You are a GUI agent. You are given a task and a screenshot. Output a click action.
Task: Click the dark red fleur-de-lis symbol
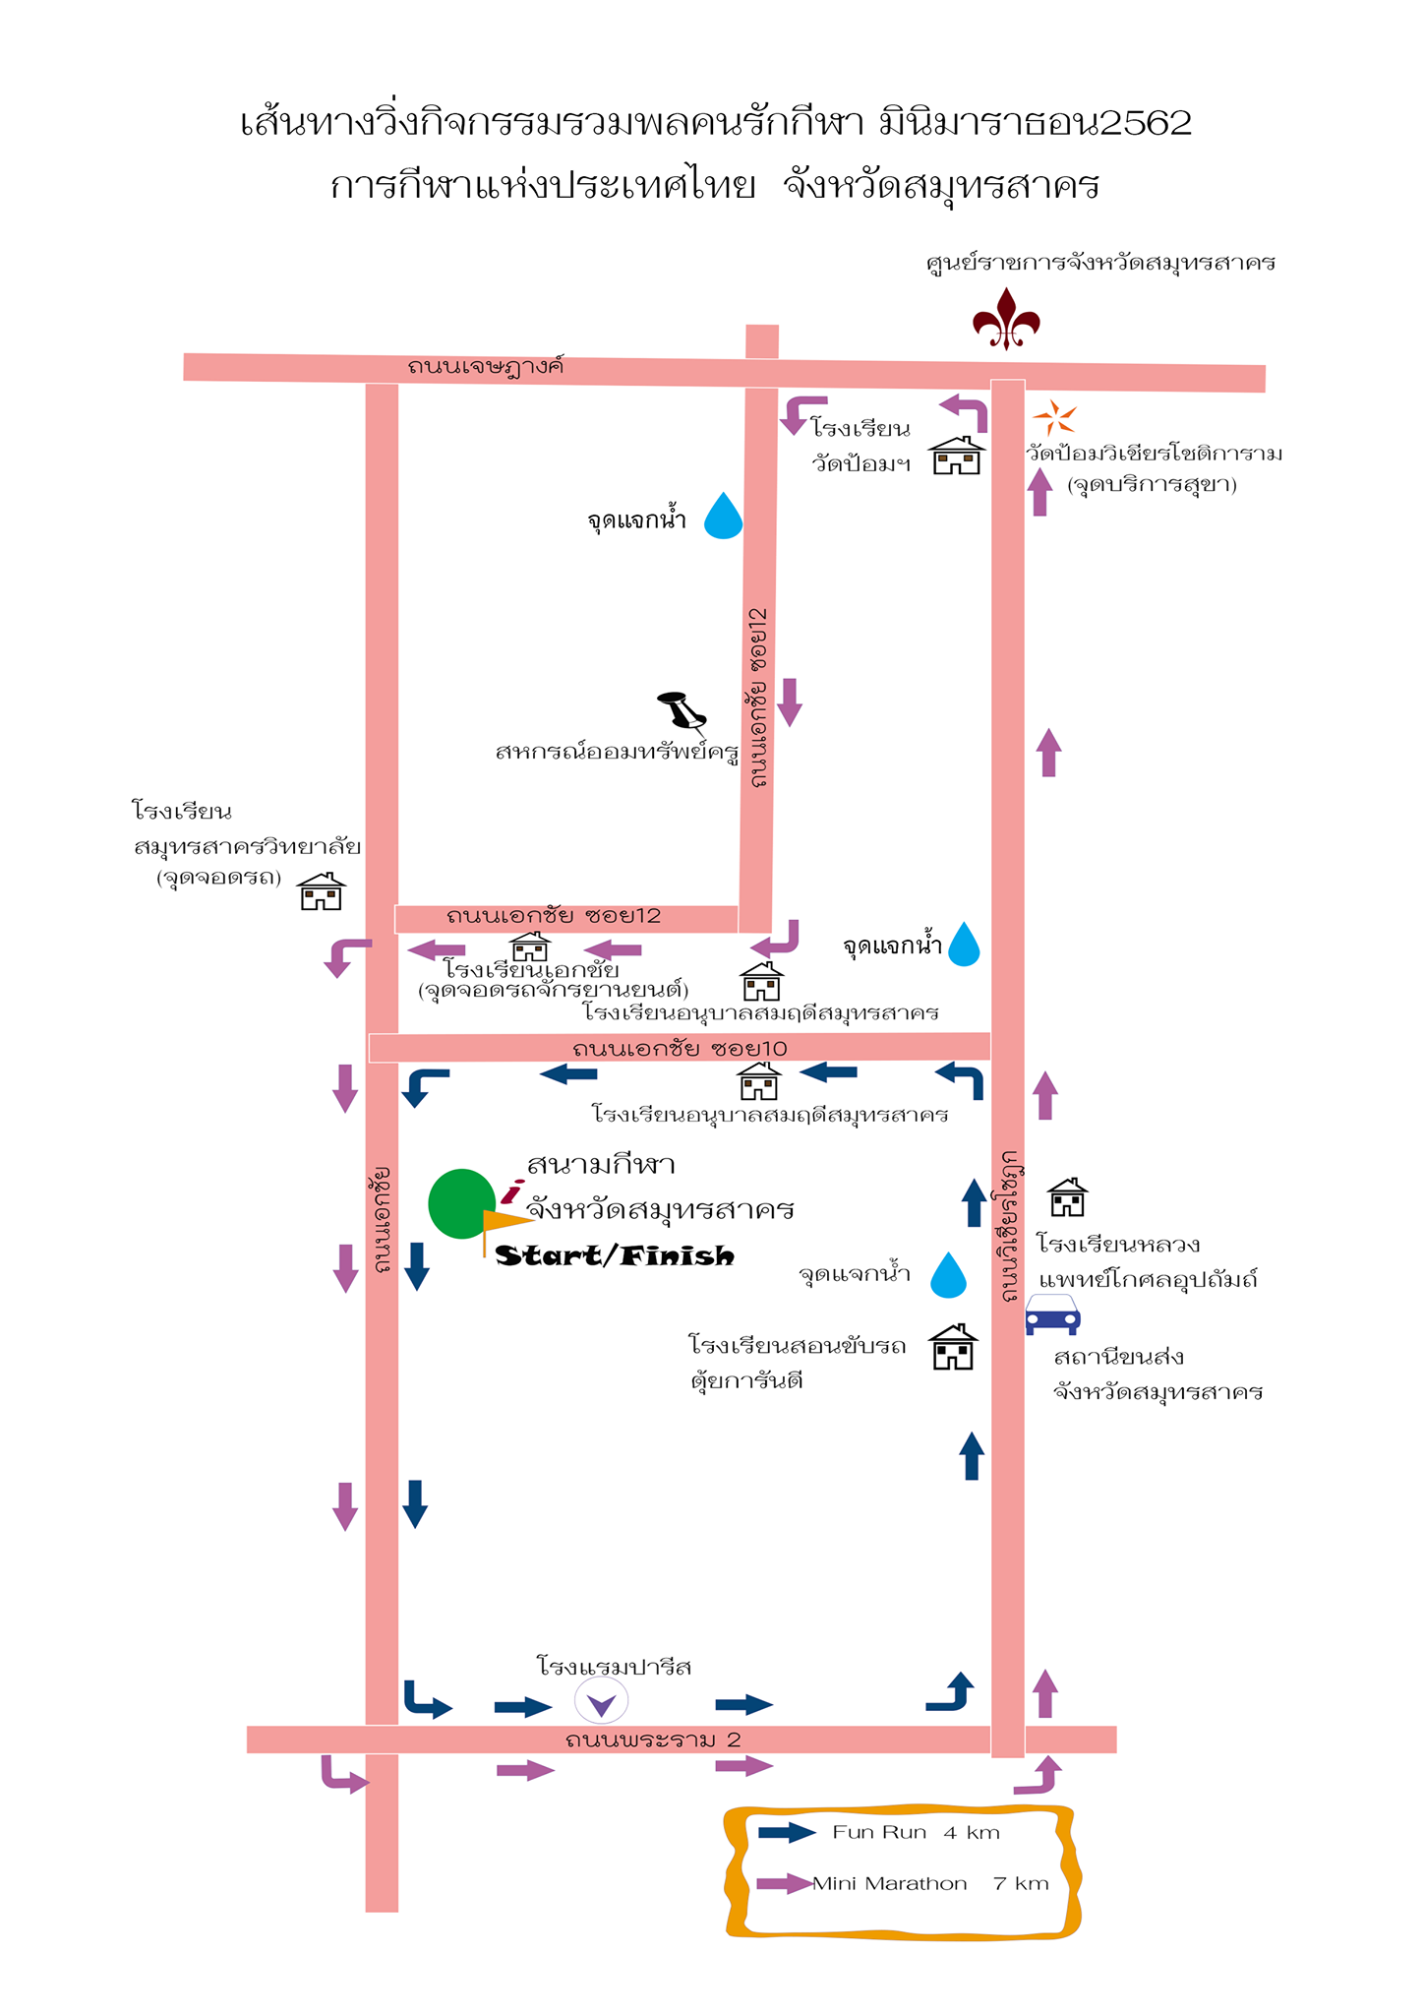coord(1006,319)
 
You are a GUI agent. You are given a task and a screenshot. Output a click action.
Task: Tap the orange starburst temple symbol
coord(1054,418)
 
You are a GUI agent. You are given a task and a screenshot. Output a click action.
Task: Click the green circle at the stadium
coord(461,1203)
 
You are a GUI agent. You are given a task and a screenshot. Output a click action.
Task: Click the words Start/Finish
coord(615,1255)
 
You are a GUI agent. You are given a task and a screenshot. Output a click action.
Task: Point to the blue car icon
coord(1052,1314)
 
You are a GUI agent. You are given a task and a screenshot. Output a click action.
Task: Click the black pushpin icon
coord(682,713)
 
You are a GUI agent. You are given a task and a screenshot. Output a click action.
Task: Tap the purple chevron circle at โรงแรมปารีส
coord(601,1701)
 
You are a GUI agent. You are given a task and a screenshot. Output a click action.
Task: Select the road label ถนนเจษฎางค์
coord(486,367)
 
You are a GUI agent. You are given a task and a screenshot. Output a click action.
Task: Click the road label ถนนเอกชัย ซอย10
coord(680,1049)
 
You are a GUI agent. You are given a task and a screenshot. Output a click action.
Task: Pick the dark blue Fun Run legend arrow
coord(787,1832)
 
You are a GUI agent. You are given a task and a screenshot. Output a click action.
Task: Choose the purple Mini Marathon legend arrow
coord(786,1884)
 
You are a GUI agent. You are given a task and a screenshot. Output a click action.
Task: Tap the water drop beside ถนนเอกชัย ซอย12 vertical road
coord(723,516)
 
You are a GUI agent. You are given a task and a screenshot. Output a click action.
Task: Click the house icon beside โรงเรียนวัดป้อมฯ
coord(957,456)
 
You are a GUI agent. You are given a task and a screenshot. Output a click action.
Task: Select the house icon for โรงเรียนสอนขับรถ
coord(953,1347)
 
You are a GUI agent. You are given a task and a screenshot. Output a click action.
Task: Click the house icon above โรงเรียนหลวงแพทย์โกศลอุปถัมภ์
coord(1067,1197)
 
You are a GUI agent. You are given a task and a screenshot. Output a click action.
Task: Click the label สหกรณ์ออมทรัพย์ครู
coord(618,753)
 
